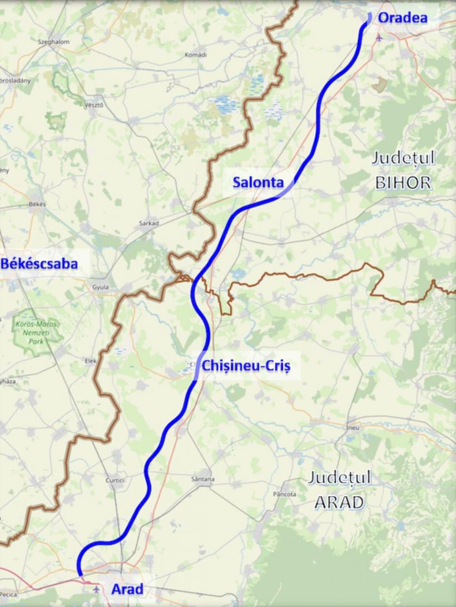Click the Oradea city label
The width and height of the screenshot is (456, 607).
(x=403, y=18)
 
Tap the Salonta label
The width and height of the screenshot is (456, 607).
(x=258, y=182)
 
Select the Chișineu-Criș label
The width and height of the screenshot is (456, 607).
(x=246, y=366)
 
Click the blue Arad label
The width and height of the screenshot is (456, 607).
(x=127, y=589)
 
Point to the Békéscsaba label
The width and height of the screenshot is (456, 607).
(x=39, y=264)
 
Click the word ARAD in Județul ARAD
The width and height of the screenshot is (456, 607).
(x=339, y=502)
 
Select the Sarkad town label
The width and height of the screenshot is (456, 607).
(x=149, y=223)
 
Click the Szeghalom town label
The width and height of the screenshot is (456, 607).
(x=53, y=42)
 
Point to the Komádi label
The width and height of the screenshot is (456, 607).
(x=195, y=55)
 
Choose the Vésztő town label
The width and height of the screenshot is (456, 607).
(x=93, y=105)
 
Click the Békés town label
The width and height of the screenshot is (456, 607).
(x=37, y=204)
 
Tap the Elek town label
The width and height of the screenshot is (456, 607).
(x=91, y=361)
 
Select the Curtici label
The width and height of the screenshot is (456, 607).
(x=115, y=480)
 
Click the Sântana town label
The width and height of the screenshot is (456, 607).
(x=202, y=479)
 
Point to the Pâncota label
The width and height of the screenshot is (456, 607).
(x=285, y=494)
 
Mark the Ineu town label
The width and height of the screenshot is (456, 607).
(x=353, y=428)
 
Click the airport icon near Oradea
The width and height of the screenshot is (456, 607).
(x=380, y=38)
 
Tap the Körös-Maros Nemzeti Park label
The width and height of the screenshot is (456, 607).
(x=37, y=332)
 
